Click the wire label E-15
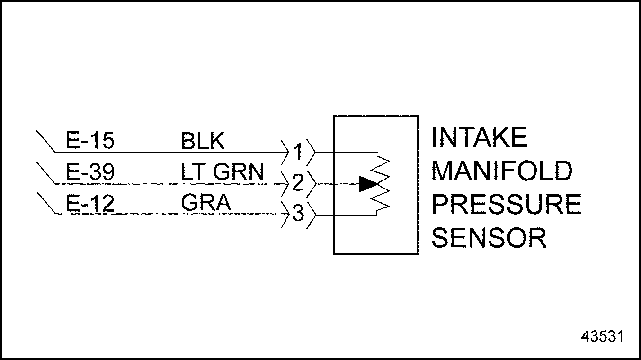pyautogui.click(x=90, y=141)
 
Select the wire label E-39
pyautogui.click(x=90, y=172)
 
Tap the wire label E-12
pyautogui.click(x=90, y=204)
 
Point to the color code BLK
pyautogui.click(x=203, y=141)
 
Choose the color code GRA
pyautogui.click(x=206, y=204)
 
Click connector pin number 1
pyautogui.click(x=298, y=152)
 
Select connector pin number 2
pyautogui.click(x=298, y=183)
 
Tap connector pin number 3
pyautogui.click(x=298, y=215)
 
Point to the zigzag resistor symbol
pyautogui.click(x=382, y=184)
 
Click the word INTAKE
pyautogui.click(x=479, y=138)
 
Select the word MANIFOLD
pyautogui.click(x=502, y=171)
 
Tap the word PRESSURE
pyautogui.click(x=506, y=204)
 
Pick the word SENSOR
pyautogui.click(x=489, y=238)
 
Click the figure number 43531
pyautogui.click(x=602, y=336)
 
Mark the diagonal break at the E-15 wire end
pyautogui.click(x=46, y=142)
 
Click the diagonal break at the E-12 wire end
pyautogui.click(x=46, y=205)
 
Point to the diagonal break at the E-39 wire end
pyautogui.click(x=46, y=173)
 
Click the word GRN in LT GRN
pyautogui.click(x=238, y=172)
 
